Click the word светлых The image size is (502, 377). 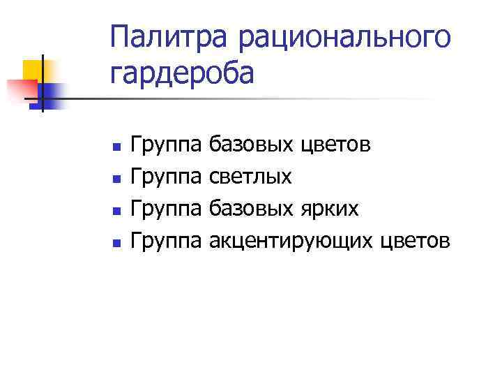(x=250, y=177)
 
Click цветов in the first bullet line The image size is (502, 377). (x=336, y=145)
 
